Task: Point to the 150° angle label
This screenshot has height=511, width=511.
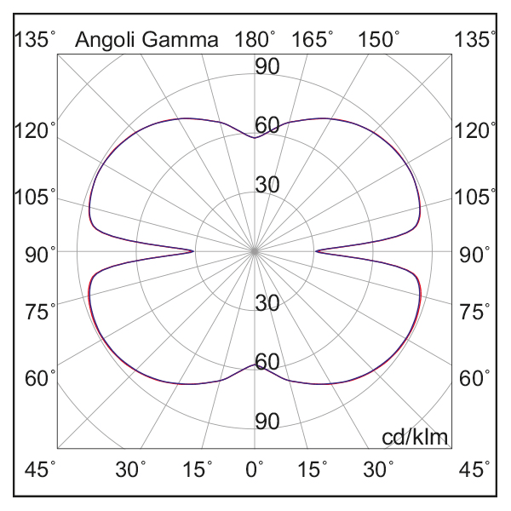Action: pyautogui.click(x=378, y=39)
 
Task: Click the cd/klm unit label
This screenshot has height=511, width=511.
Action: pyautogui.click(x=415, y=437)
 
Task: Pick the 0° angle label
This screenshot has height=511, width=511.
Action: pyautogui.click(x=255, y=469)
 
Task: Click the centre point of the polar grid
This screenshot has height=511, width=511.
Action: pyautogui.click(x=255, y=251)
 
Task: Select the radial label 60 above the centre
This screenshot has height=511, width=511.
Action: pyautogui.click(x=267, y=125)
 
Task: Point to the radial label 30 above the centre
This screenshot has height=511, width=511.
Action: pyautogui.click(x=267, y=185)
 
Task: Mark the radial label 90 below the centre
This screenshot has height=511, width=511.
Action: pyautogui.click(x=267, y=422)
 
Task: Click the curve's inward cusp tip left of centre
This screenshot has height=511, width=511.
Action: pyautogui.click(x=194, y=250)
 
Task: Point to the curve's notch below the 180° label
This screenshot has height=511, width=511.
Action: pyautogui.click(x=254, y=137)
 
